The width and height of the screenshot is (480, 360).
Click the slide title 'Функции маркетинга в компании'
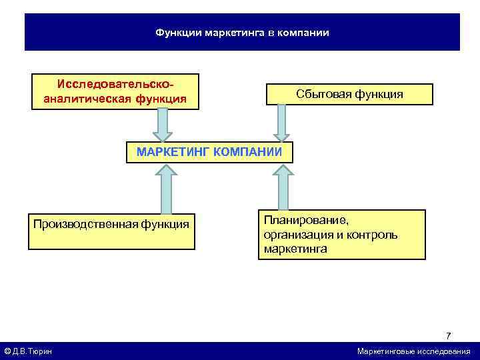pyautogui.click(x=242, y=32)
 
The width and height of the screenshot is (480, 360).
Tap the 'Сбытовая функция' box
pyautogui.click(x=349, y=94)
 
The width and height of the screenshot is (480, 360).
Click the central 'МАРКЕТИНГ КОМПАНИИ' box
pyautogui.click(x=209, y=152)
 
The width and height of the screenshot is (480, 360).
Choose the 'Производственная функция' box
pyautogui.click(x=111, y=230)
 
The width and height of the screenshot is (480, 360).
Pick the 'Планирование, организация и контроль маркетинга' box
pyautogui.click(x=341, y=235)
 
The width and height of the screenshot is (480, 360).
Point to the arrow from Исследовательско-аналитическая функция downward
pyautogui.click(x=163, y=125)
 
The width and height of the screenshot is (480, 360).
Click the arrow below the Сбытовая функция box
pyautogui.click(x=281, y=123)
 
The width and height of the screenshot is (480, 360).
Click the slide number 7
pyautogui.click(x=449, y=335)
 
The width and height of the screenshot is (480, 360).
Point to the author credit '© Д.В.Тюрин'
pyautogui.click(x=29, y=351)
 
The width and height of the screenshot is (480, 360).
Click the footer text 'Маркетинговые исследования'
pyautogui.click(x=413, y=351)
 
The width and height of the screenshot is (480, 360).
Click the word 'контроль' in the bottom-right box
pyautogui.click(x=377, y=235)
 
